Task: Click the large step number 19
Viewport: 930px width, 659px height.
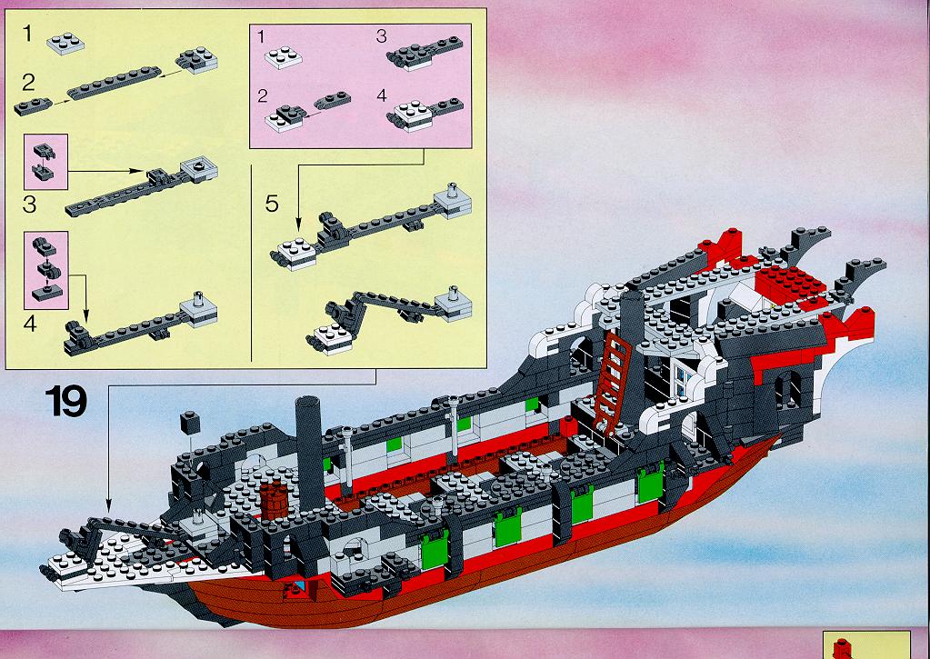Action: pos(65,401)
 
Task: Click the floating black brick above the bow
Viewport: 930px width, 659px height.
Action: pos(190,422)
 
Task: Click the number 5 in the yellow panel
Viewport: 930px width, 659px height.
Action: pos(272,204)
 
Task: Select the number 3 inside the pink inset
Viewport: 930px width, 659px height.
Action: pos(382,36)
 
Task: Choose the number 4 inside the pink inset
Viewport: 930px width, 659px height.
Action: pos(382,95)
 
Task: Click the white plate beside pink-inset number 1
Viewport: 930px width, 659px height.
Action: pos(283,57)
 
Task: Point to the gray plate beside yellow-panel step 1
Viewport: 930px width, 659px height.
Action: pos(65,44)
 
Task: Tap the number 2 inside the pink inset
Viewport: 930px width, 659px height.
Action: pos(263,96)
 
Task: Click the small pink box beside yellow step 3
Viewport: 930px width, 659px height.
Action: pos(45,162)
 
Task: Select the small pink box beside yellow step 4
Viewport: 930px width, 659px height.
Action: pos(45,270)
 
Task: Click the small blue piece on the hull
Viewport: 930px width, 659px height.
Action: pos(300,586)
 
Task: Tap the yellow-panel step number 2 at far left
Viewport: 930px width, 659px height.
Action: pos(28,83)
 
